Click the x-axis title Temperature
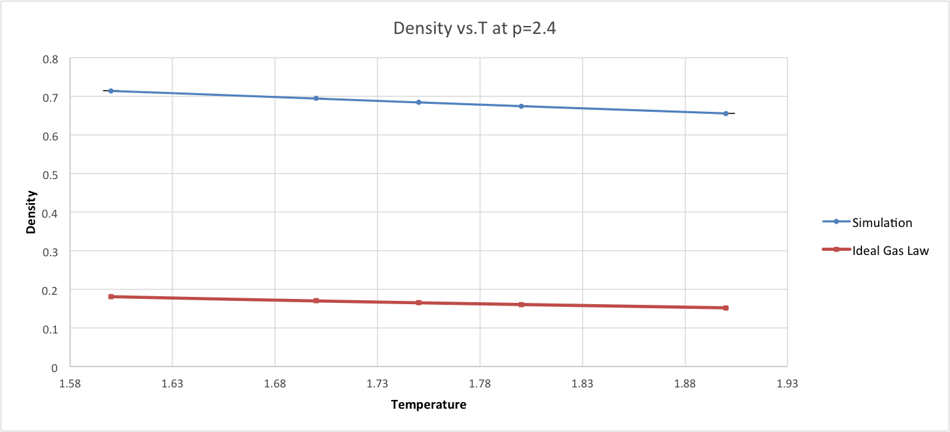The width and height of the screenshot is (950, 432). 428,405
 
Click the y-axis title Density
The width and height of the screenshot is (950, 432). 31,212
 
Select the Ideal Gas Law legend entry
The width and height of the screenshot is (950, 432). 890,250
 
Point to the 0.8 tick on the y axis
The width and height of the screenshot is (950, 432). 51,59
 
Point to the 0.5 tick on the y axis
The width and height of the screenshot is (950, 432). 51,174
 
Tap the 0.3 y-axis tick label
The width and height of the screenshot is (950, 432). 51,251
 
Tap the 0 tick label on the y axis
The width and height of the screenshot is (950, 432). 55,367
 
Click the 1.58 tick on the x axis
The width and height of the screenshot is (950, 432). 70,384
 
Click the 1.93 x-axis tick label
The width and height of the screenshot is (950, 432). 787,384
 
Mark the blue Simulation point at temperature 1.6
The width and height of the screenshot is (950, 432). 111,91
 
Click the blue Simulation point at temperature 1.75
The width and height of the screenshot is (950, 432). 418,103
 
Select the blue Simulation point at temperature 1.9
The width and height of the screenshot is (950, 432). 725,113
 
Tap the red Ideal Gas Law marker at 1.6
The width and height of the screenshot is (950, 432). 111,296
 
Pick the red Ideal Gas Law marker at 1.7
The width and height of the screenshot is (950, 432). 316,301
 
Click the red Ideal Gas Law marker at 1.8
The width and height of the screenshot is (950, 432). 521,304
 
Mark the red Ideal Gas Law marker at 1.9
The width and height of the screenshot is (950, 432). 725,308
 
